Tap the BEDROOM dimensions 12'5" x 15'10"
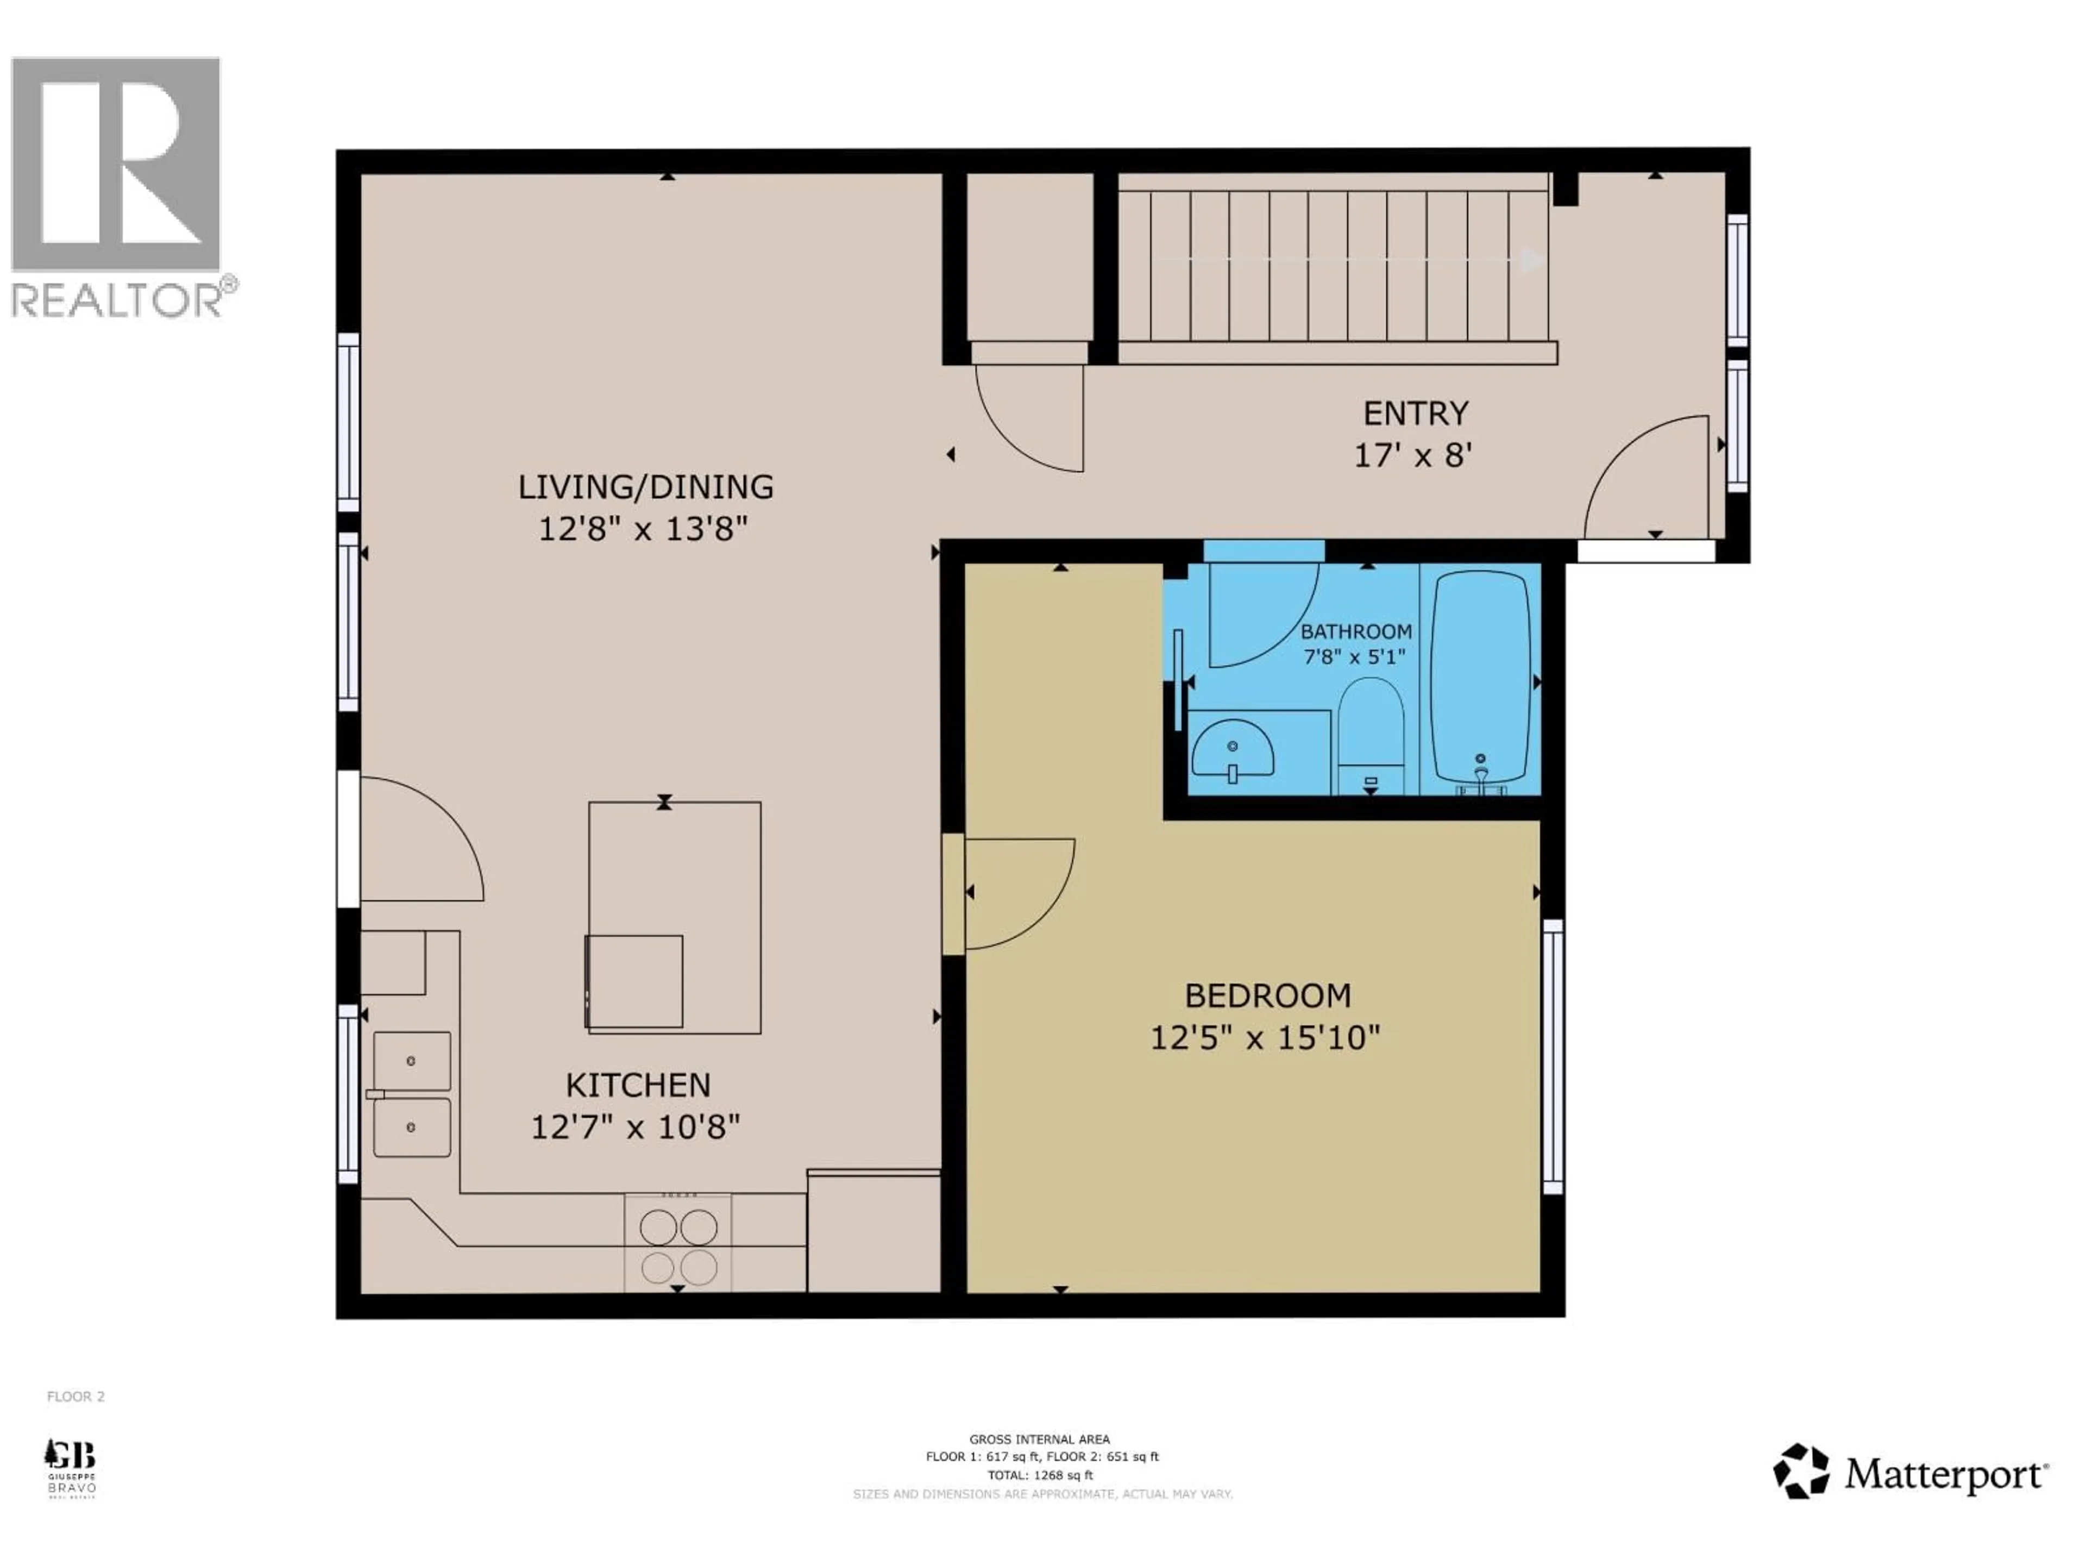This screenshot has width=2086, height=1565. [1265, 1038]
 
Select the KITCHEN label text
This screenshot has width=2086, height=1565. [638, 1085]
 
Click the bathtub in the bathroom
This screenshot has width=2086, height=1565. [1480, 677]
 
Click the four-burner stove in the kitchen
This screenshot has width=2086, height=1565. [678, 1243]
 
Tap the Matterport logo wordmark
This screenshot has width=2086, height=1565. [1945, 1474]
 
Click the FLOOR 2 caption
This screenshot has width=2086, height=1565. [76, 1396]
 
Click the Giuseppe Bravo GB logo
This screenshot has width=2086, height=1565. [71, 1467]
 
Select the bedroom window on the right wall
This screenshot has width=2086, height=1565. [1552, 1056]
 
